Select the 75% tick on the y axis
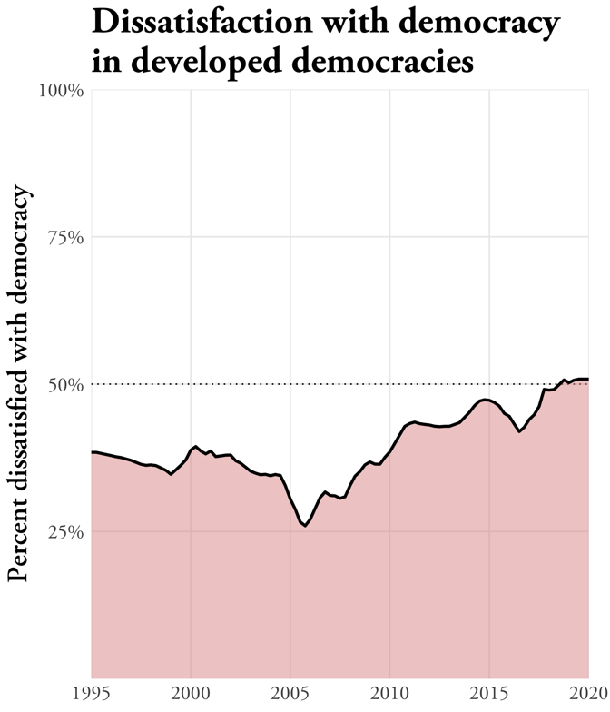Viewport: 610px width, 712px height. (x=67, y=237)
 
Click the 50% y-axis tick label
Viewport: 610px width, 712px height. (x=67, y=384)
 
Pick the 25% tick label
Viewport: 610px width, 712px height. (x=67, y=531)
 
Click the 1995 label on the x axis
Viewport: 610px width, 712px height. (x=91, y=696)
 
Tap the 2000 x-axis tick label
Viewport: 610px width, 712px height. (x=191, y=696)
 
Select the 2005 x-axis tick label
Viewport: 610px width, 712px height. (x=290, y=696)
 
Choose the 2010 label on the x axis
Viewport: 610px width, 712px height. (x=389, y=696)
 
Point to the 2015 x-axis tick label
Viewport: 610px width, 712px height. (x=489, y=696)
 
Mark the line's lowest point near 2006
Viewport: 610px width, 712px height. (x=305, y=526)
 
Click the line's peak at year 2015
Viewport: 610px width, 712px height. (x=487, y=400)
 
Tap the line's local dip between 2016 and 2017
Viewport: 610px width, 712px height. (x=519, y=431)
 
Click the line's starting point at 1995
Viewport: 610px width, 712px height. (x=92, y=451)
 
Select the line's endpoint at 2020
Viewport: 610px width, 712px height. (x=588, y=379)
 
